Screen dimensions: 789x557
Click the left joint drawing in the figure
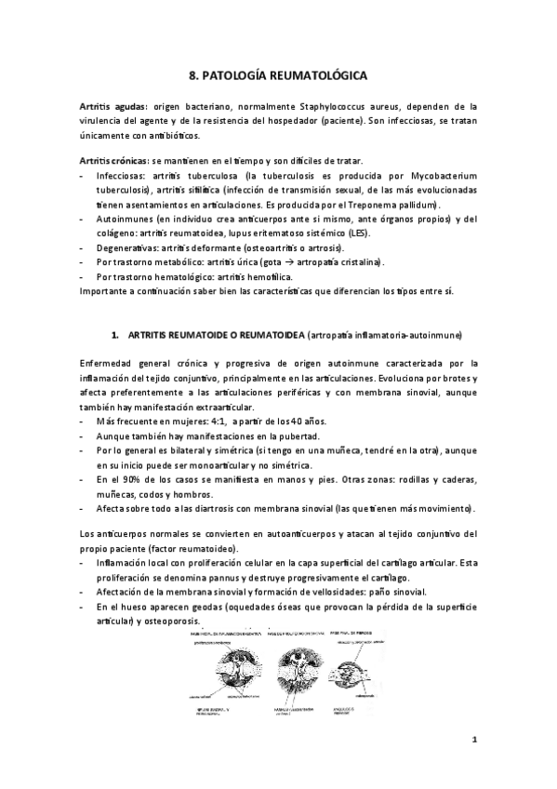coord(222,674)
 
